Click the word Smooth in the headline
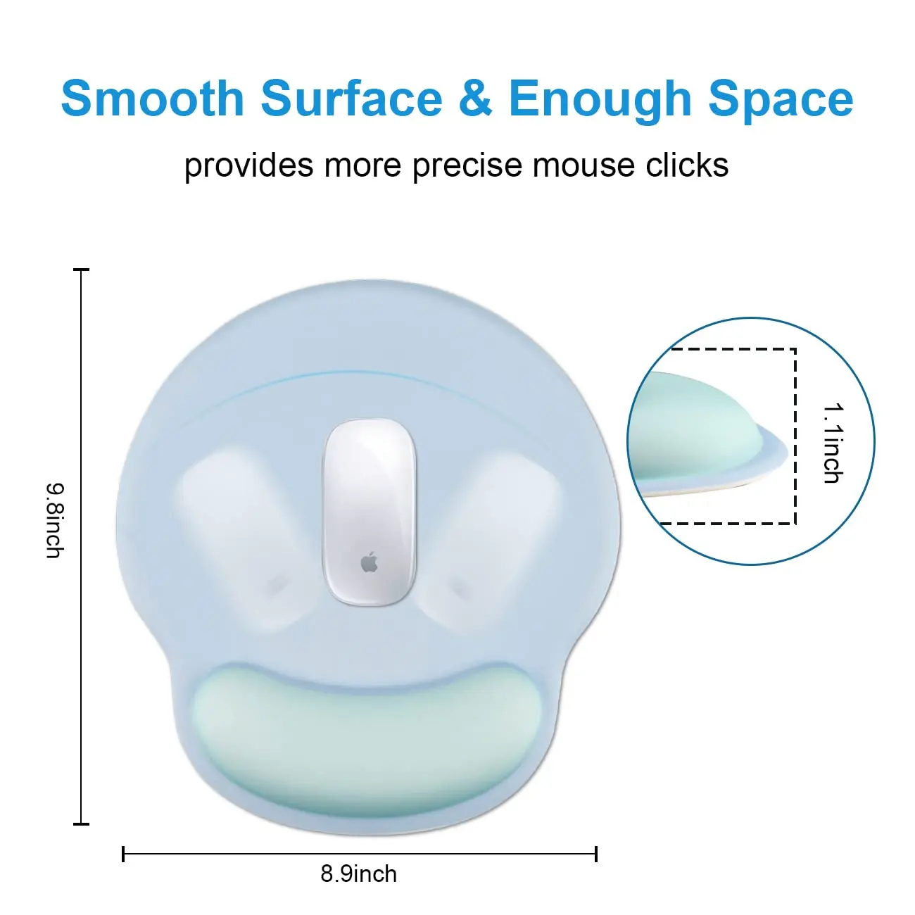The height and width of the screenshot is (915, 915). pos(152,99)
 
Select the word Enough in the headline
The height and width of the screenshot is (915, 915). pos(600,99)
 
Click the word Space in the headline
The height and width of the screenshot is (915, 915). pos(781,99)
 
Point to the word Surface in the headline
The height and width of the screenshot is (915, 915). pos(351,99)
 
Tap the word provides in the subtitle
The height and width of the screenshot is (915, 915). pos(248,166)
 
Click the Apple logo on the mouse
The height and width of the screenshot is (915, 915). pos(370,562)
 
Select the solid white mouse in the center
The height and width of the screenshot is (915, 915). pos(370,510)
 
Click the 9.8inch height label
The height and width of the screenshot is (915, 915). pos(55,520)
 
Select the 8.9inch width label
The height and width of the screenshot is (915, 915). pos(359,874)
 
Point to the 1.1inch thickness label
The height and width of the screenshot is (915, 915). pos(832,443)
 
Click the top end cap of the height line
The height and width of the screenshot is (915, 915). pos(82,270)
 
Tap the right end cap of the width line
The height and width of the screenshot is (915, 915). pos(595,854)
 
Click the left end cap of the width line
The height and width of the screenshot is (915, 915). pos(123,854)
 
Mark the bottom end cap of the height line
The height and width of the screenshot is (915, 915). pos(82,824)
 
